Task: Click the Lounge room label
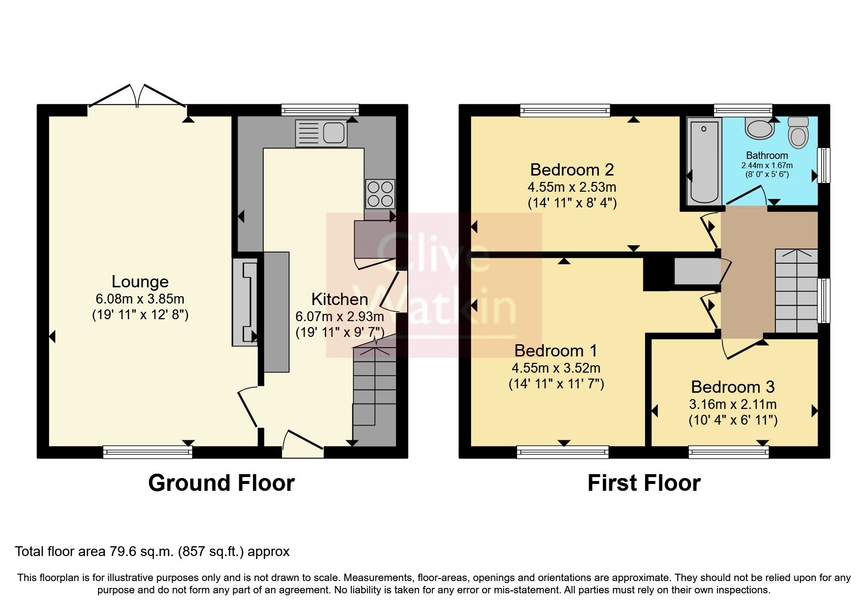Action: click(x=140, y=281)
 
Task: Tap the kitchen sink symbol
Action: click(x=321, y=133)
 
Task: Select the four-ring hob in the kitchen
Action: click(x=380, y=194)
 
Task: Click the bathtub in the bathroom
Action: click(x=704, y=161)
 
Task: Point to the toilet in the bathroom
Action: click(x=798, y=132)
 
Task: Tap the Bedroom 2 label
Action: click(x=572, y=170)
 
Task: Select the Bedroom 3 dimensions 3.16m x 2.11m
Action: click(x=733, y=405)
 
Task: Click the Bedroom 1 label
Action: click(x=556, y=351)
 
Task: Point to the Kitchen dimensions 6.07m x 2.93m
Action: click(x=340, y=317)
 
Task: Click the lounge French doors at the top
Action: click(x=137, y=97)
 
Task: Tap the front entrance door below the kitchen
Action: click(x=302, y=444)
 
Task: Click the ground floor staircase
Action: click(x=374, y=387)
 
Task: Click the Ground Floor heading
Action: click(x=221, y=483)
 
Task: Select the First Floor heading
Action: click(x=644, y=483)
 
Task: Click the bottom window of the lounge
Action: click(x=148, y=452)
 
